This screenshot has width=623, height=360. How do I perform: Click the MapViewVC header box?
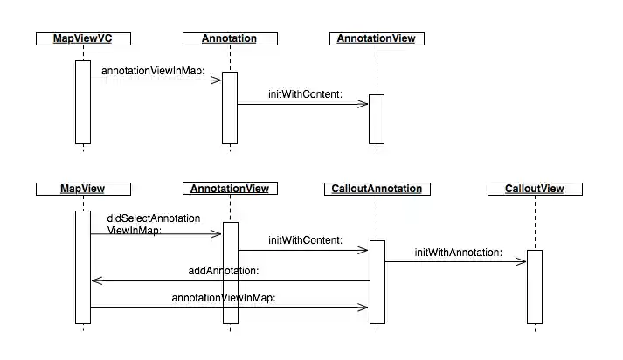tap(82, 38)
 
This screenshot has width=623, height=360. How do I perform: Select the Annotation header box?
tap(230, 38)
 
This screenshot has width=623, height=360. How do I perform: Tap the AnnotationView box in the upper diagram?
tap(377, 38)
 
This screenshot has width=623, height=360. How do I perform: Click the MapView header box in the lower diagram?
tap(82, 189)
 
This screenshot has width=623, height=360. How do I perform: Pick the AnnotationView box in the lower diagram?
tap(230, 189)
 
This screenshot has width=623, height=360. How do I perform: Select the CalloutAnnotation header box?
tap(377, 189)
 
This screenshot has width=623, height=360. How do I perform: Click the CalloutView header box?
tap(534, 189)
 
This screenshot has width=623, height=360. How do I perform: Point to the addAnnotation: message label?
tap(223, 271)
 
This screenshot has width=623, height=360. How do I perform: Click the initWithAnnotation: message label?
tap(459, 253)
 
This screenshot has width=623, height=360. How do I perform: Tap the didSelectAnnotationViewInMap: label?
tap(154, 224)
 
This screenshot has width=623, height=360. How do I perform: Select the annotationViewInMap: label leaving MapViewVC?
tap(153, 70)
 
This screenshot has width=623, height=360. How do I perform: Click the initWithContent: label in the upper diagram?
tap(305, 93)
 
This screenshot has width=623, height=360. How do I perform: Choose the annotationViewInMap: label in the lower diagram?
tap(224, 298)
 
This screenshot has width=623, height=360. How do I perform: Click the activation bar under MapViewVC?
tap(82, 101)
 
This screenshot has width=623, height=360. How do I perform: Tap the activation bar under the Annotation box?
tap(230, 107)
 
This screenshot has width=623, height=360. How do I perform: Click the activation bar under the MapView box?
tap(82, 267)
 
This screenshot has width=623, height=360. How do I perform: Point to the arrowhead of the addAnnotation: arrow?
tap(96, 281)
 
